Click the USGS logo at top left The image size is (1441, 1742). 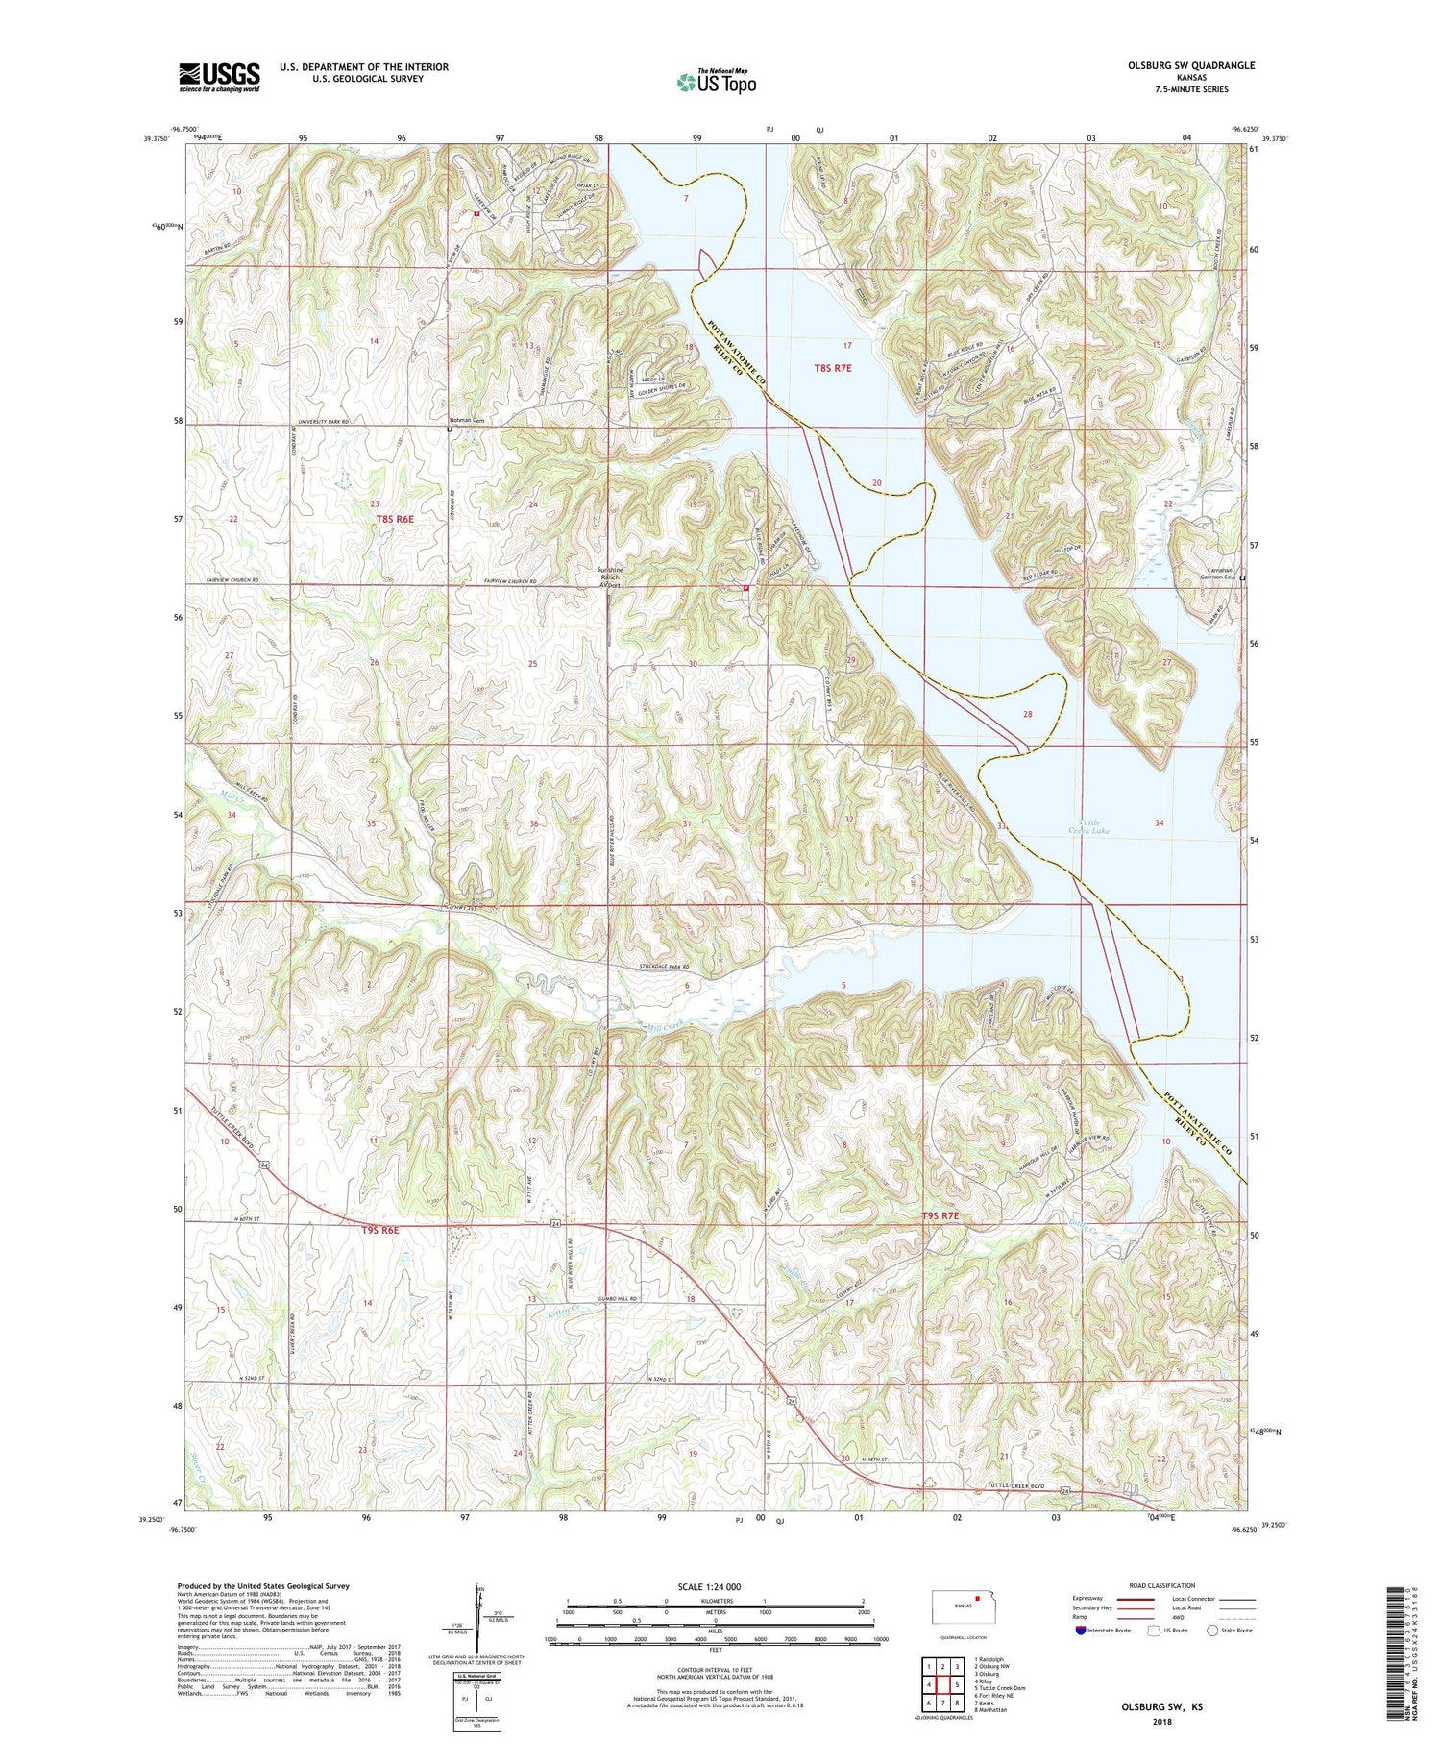219,77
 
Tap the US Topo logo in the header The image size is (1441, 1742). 716,82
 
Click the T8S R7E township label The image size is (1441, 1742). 833,367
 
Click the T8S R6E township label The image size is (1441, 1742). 395,518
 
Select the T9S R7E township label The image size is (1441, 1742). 940,1215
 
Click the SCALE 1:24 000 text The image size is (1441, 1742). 709,1586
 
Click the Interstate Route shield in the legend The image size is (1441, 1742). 1081,1631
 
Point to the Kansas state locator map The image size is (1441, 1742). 964,1606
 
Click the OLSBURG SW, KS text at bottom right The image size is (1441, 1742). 1162,1707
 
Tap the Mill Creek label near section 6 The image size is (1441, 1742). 669,1027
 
